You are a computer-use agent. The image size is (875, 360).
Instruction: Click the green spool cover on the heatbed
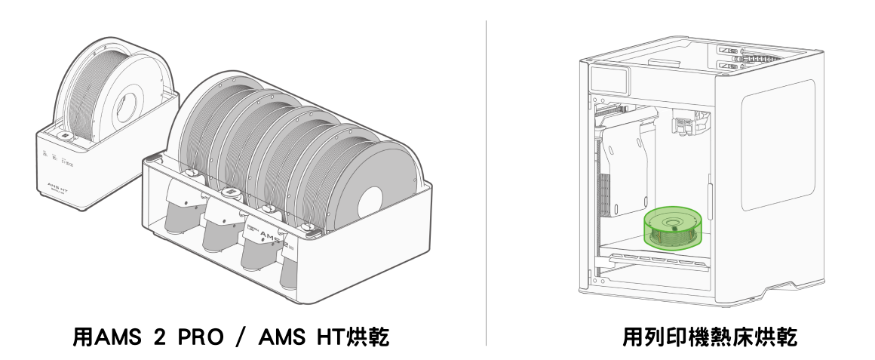click(672, 227)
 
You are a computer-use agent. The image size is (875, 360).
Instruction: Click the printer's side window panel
click(778, 145)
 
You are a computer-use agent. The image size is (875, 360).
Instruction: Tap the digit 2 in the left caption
click(159, 337)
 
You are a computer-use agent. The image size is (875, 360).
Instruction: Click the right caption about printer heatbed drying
click(710, 337)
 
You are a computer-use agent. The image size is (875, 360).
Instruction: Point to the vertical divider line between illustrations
click(486, 183)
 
